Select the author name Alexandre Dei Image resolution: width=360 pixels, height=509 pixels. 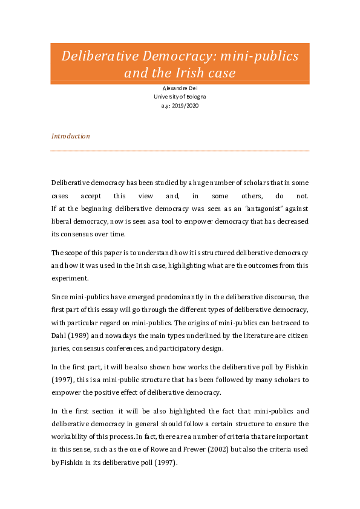(x=180, y=88)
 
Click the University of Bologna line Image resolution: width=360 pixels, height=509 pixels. (x=180, y=97)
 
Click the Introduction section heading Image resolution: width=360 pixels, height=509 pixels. (x=71, y=136)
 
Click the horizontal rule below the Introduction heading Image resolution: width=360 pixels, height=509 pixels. (x=180, y=151)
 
